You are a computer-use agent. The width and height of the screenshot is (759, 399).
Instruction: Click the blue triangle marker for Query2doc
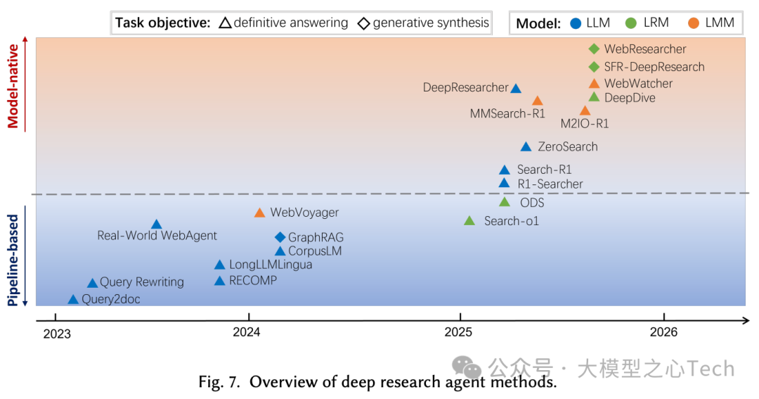coord(73,300)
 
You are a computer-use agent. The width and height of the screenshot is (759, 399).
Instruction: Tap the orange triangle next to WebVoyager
coord(259,213)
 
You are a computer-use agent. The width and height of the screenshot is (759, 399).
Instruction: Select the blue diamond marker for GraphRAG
coord(280,237)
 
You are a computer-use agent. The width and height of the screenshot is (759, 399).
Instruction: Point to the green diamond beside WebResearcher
coord(594,49)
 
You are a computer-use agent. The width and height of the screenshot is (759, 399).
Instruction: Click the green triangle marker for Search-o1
coord(469,221)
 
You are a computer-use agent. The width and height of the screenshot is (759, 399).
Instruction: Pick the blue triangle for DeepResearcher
coord(516,89)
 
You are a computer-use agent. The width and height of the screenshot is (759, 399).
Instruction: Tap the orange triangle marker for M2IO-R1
coord(585,110)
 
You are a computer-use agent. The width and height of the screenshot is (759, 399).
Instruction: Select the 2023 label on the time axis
coord(57,334)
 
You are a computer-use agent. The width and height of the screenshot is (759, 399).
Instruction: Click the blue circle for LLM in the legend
coord(576,23)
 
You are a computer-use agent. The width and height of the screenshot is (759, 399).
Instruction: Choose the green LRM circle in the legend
coord(630,23)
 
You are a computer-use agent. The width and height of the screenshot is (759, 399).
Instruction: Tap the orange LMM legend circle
coord(692,23)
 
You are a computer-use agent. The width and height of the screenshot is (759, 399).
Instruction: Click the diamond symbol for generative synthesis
coord(363,23)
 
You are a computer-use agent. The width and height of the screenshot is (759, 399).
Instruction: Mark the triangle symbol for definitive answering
coord(225,23)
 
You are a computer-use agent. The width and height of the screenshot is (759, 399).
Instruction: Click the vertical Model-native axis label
coord(13,83)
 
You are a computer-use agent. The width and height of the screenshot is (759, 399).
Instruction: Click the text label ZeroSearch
coord(567,147)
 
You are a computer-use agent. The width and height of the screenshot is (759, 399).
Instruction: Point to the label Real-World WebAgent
coord(157,236)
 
